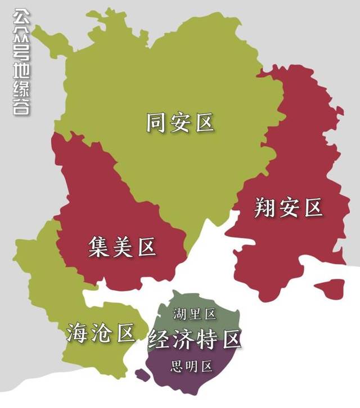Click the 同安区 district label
click(180, 123)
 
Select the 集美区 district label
click(122, 247)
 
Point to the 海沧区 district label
click(101, 333)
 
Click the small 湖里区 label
click(195, 314)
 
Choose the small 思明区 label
click(192, 367)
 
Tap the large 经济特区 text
click(195, 339)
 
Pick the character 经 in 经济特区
click(159, 339)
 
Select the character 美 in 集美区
click(122, 247)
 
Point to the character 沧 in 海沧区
click(101, 333)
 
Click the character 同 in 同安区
click(156, 123)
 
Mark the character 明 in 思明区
click(192, 367)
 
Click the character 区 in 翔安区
click(313, 208)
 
